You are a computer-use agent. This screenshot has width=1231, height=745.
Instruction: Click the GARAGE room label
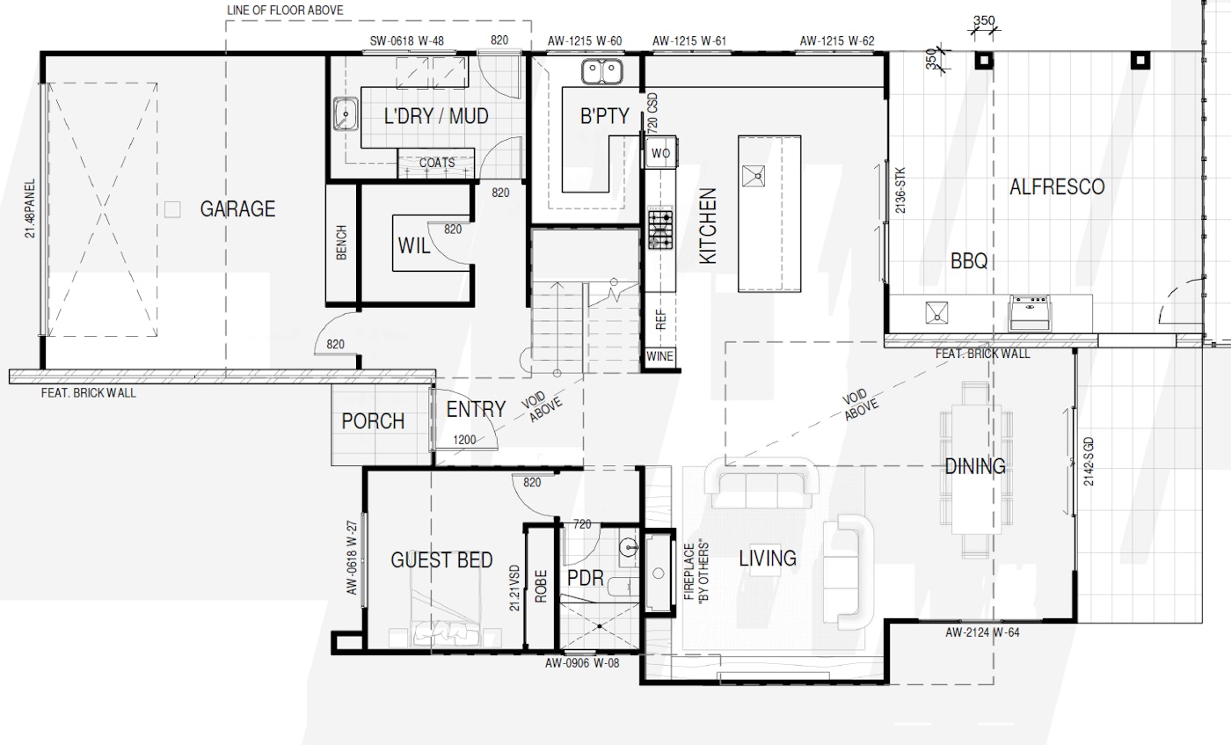pos(237,209)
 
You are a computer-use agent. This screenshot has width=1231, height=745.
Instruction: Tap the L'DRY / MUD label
pos(436,116)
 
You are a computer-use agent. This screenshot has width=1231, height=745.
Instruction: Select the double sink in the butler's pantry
pos(601,72)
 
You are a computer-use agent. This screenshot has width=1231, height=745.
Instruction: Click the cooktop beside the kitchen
pos(660,229)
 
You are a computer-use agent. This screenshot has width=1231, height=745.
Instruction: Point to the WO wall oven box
pos(660,153)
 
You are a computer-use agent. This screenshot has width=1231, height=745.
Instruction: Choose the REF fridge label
pos(661,319)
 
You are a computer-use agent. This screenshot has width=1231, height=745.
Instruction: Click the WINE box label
pos(659,356)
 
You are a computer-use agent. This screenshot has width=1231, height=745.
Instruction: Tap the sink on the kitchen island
pos(754,176)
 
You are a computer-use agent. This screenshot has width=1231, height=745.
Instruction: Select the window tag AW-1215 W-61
pos(689,41)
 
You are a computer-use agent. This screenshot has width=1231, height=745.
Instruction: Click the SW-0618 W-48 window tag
pos(406,41)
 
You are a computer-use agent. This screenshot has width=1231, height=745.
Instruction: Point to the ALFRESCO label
pos(1057,187)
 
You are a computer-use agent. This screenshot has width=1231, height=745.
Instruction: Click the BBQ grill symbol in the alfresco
pos(1030,311)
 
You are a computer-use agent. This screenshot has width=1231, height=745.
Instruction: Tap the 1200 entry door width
pos(464,440)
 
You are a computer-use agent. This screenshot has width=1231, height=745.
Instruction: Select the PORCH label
pos(373,421)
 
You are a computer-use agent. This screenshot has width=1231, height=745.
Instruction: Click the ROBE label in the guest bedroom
pos(541,586)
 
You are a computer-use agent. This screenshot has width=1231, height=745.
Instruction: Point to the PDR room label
pos(586,579)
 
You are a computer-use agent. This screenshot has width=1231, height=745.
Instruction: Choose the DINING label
pos(975,466)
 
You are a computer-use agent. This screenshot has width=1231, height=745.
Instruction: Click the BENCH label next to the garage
pos(341,243)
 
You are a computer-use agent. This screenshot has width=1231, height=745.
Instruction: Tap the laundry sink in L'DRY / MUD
pos(346,113)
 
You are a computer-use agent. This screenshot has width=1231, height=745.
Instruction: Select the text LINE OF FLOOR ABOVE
pos(285,11)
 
